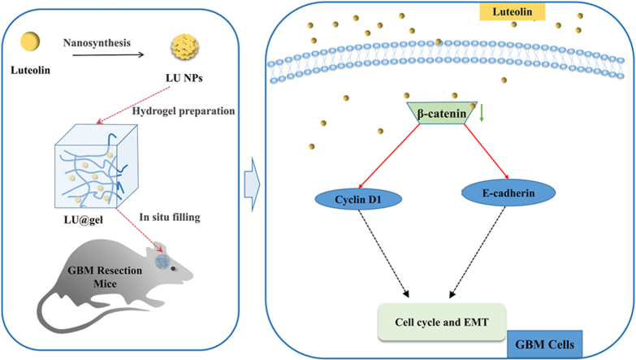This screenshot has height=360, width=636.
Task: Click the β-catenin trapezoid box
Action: click(x=442, y=112)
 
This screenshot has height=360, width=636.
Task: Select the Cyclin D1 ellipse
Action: click(x=358, y=199)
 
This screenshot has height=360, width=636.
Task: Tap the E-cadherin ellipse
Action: click(x=508, y=193)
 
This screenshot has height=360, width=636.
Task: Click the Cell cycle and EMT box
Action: click(x=442, y=322)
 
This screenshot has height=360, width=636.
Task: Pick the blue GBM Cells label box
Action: click(x=545, y=345)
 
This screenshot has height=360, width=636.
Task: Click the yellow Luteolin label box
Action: click(x=513, y=11)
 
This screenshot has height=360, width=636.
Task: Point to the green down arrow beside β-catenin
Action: click(x=482, y=113)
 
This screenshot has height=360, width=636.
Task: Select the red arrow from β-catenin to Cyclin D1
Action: click(x=388, y=156)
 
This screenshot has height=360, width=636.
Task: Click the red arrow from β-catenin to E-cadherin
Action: click(x=487, y=151)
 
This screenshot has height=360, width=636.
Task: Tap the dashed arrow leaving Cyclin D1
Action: click(x=383, y=254)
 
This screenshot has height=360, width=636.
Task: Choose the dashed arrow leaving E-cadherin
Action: click(x=478, y=253)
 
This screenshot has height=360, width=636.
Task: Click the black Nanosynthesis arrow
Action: click(x=108, y=54)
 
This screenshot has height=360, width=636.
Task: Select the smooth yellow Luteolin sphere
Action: click(x=30, y=41)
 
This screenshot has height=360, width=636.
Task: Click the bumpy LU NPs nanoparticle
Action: click(x=184, y=47)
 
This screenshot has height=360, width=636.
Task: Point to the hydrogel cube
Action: click(x=97, y=167)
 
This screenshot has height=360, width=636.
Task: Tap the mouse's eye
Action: click(x=174, y=269)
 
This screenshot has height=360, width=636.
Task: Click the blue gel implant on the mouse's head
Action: click(x=162, y=261)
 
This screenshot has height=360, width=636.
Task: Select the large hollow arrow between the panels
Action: click(x=252, y=184)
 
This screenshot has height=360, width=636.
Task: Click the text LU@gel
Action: click(x=84, y=220)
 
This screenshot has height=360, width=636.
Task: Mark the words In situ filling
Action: click(x=170, y=217)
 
